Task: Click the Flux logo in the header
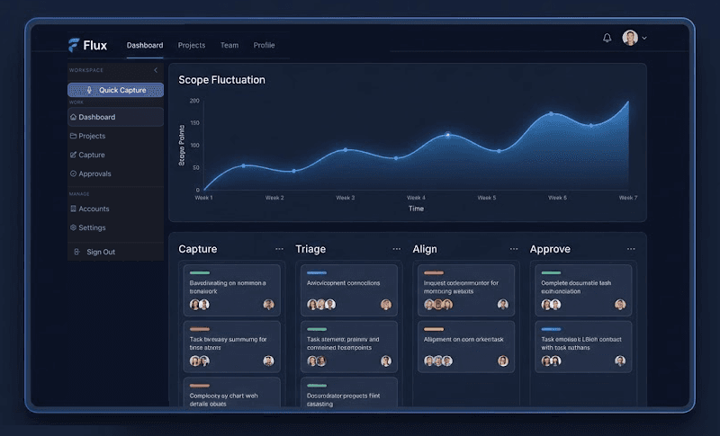click(x=87, y=45)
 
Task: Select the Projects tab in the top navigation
click(x=192, y=45)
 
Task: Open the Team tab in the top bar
click(x=229, y=45)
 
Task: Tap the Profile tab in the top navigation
click(x=264, y=45)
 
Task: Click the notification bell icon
click(x=607, y=38)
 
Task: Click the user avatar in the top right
click(x=630, y=38)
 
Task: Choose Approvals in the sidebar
click(x=94, y=174)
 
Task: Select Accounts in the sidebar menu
click(x=94, y=209)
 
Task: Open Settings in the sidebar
click(x=92, y=227)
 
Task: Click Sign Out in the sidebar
click(x=100, y=252)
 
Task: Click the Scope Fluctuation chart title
click(x=221, y=80)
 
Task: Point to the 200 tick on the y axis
click(x=194, y=101)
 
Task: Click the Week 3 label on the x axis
click(x=345, y=198)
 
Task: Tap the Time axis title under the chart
click(x=416, y=209)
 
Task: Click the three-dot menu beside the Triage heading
click(x=397, y=249)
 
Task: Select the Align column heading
click(x=425, y=249)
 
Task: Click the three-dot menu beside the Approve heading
click(x=631, y=249)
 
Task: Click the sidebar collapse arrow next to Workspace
click(x=155, y=70)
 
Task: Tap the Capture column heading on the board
click(x=197, y=249)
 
